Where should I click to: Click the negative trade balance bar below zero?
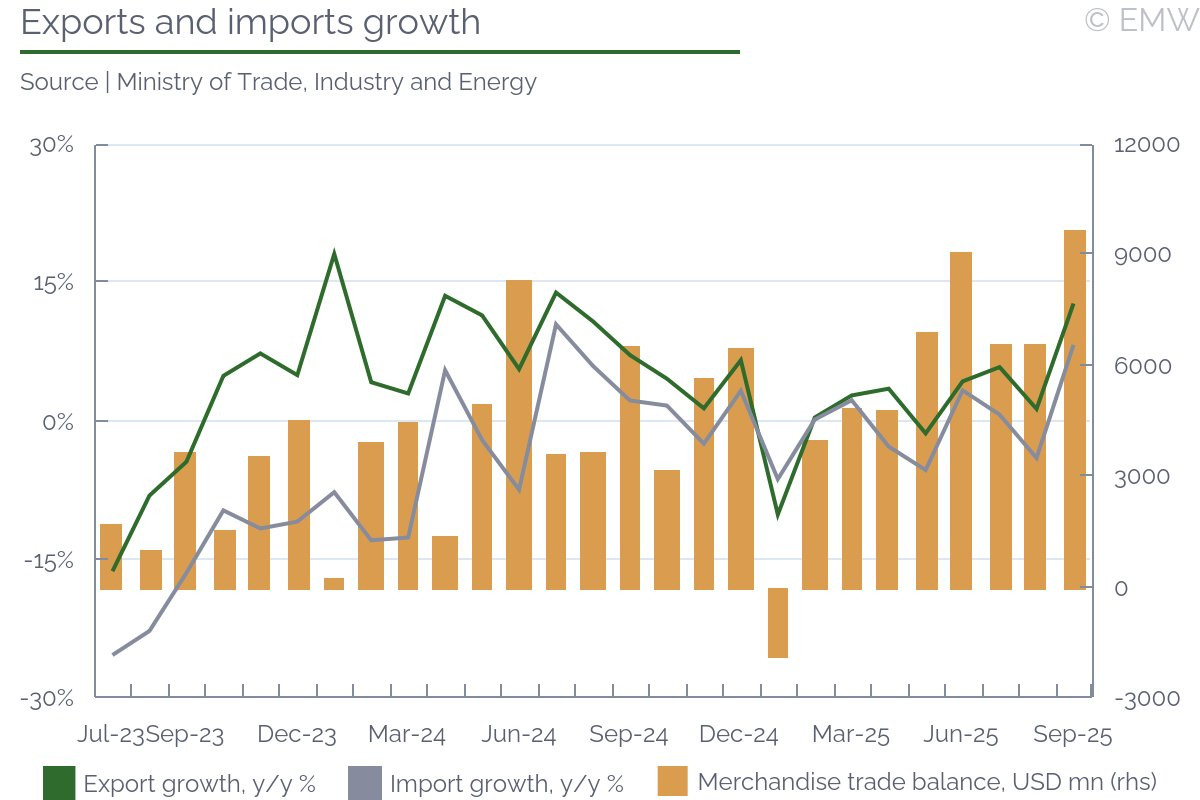778,623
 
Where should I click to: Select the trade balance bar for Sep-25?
1075,410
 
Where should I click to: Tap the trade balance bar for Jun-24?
519,435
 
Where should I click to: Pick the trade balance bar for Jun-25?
961,421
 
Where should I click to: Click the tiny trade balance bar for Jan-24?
334,584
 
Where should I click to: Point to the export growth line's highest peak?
334,252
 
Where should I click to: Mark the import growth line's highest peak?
556,324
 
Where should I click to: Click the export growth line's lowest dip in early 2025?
778,516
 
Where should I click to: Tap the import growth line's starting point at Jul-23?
113,654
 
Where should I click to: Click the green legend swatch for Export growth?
59,783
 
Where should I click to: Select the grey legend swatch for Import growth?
365,783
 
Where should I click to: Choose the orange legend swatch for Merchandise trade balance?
672,781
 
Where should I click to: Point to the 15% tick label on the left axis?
53,283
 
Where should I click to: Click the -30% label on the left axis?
47,699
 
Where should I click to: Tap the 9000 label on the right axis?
1142,255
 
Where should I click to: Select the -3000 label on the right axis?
1147,699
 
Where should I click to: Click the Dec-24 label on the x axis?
738,735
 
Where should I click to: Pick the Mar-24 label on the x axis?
407,735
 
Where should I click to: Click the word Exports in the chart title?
82,23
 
